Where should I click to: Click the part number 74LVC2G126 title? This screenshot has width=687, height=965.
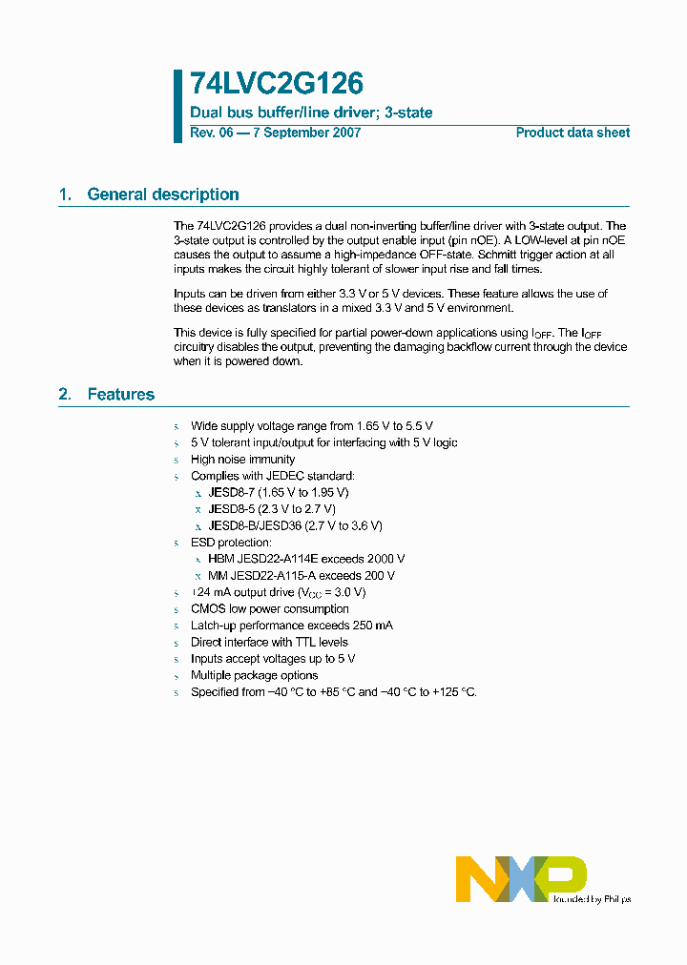click(x=277, y=85)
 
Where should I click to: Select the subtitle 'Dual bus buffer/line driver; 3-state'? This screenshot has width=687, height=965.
click(x=311, y=113)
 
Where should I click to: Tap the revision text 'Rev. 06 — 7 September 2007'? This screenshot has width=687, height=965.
click(x=275, y=133)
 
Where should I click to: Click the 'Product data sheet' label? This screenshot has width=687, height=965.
click(x=572, y=133)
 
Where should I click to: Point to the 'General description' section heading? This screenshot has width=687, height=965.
click(x=162, y=195)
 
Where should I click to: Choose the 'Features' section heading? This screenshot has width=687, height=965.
click(x=120, y=394)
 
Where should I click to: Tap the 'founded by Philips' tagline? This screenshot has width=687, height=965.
click(x=592, y=899)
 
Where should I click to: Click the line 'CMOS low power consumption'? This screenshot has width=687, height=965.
click(x=270, y=608)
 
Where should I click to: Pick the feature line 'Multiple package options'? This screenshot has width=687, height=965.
click(x=254, y=675)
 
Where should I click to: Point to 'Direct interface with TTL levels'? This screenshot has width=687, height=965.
click(x=269, y=642)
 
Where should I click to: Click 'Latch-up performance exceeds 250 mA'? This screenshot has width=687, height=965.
click(x=292, y=626)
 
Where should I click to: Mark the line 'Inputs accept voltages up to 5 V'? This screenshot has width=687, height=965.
click(x=273, y=659)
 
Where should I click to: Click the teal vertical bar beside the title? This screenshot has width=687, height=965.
click(x=177, y=106)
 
